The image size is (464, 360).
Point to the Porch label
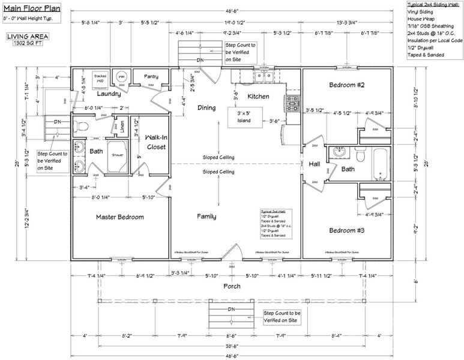(x=232, y=286)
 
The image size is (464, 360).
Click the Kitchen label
(x=258, y=96)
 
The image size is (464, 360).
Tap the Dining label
(x=206, y=107)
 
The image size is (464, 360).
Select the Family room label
(x=206, y=217)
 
